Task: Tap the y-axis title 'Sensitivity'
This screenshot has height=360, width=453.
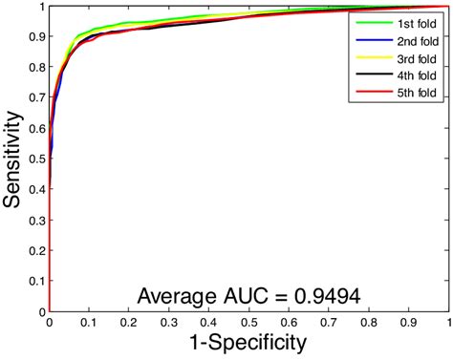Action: (x=13, y=158)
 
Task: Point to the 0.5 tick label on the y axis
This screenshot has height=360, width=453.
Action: (x=35, y=159)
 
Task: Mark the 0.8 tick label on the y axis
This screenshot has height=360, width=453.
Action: (x=35, y=67)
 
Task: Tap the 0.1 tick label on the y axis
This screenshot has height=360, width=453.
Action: (x=35, y=281)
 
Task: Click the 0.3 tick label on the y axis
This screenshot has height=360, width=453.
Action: (x=35, y=220)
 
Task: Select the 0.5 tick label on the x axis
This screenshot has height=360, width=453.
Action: (x=248, y=322)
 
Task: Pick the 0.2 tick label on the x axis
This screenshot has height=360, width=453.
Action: (x=129, y=322)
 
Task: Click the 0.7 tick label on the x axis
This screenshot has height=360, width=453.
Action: (x=329, y=322)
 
